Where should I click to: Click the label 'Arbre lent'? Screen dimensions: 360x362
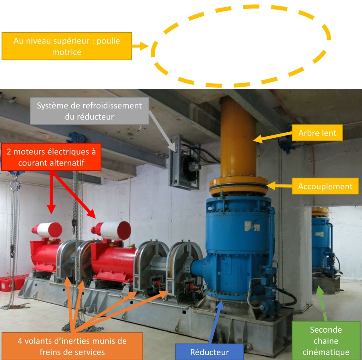click(x=318, y=133)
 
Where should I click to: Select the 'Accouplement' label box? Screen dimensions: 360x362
click(x=325, y=186)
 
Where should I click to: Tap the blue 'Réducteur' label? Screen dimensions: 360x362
click(x=210, y=352)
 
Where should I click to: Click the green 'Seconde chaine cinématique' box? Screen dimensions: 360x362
click(x=326, y=341)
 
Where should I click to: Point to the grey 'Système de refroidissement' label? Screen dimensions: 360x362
click(x=89, y=111)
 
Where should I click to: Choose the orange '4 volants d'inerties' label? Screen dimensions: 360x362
click(x=72, y=346)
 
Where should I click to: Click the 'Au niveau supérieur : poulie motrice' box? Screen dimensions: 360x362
click(x=67, y=46)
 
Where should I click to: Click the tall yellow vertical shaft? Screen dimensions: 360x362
click(x=238, y=137)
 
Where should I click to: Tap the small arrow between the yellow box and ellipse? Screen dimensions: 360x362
click(x=141, y=46)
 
